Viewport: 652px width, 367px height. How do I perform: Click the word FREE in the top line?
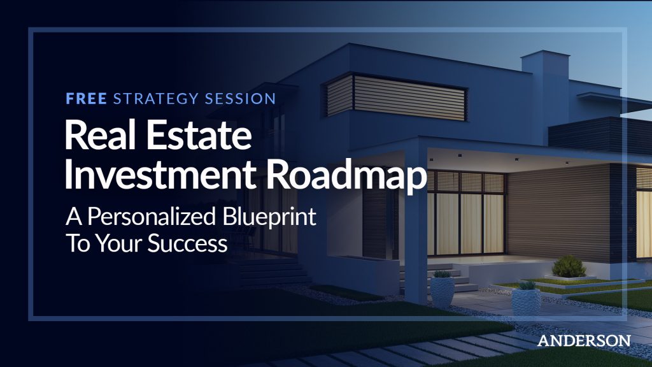pos(87,99)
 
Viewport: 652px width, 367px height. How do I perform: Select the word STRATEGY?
pos(156,99)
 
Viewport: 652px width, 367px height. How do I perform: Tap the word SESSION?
pos(240,99)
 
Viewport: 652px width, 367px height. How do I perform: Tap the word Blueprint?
pos(269,217)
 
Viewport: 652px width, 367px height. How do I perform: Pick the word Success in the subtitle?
pos(188,243)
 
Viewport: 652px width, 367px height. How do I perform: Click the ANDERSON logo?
pos(584,340)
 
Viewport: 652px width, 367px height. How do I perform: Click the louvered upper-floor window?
pos(395,97)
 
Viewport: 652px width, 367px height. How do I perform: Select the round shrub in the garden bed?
pos(568,266)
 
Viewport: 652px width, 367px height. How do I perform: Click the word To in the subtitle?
pos(78,243)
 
